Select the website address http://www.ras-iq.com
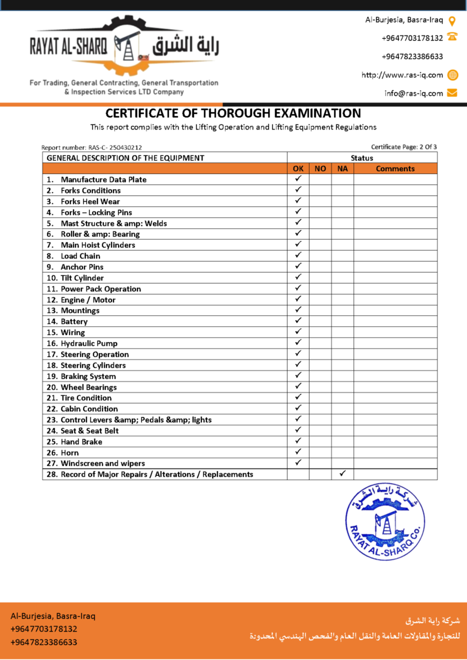402,75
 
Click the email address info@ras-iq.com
413,93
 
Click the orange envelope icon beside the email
452,93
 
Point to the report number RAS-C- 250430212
92,148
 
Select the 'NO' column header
320,169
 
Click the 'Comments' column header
395,169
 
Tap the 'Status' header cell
361,158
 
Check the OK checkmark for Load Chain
298,255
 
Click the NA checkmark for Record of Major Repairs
343,474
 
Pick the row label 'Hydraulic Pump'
89,344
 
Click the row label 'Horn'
70,452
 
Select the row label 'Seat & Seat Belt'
90,431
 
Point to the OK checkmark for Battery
298,321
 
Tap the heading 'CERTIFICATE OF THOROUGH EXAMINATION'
233,113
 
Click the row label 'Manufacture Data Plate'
103,180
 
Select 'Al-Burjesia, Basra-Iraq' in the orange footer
53,616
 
